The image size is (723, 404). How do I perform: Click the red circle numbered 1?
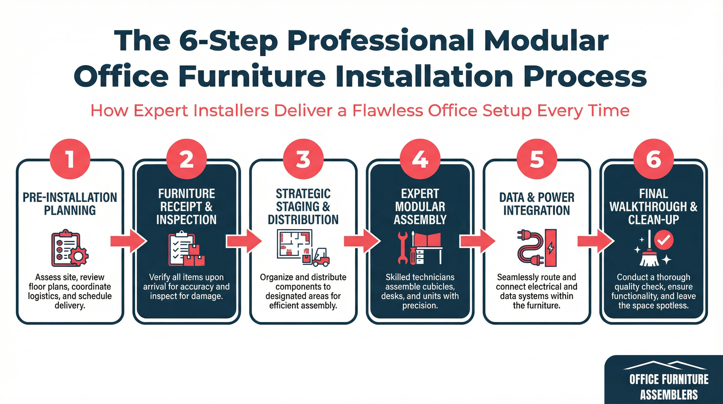70,159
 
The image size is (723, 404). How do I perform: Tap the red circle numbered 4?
420,159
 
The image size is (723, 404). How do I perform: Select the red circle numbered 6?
653,159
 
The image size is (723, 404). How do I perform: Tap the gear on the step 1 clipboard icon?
79,256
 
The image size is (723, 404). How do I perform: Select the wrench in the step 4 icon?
403,248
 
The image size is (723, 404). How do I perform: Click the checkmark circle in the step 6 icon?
664,239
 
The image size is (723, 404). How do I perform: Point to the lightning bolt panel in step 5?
551,248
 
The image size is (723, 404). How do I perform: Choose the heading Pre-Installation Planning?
70,204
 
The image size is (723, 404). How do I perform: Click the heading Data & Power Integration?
537,204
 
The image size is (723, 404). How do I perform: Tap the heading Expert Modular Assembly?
420,207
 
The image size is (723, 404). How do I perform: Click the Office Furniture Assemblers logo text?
669,387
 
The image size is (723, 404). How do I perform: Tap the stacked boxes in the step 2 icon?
195,256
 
